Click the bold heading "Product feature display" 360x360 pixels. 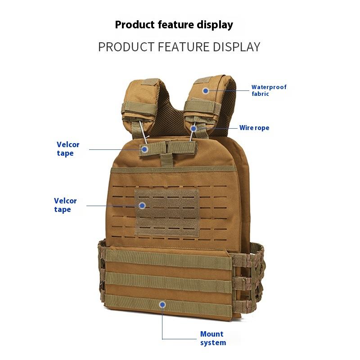(x=174, y=24)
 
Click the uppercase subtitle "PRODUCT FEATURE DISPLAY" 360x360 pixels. (x=179, y=47)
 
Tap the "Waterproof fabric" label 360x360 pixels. (x=269, y=90)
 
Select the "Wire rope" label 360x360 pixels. (x=254, y=128)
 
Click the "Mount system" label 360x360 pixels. (x=213, y=338)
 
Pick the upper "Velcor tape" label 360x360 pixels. (x=68, y=149)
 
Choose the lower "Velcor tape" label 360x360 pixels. (x=65, y=205)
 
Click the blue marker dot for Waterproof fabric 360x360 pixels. (x=206, y=90)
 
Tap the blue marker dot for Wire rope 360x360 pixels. (x=193, y=129)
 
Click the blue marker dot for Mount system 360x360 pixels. (x=162, y=305)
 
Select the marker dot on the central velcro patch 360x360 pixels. (x=142, y=206)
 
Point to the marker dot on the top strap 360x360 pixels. (x=145, y=149)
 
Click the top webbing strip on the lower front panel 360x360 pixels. (x=169, y=260)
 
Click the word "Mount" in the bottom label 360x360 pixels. (x=211, y=334)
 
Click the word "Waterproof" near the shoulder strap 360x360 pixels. (x=269, y=87)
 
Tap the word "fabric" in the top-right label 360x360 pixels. (x=260, y=94)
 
